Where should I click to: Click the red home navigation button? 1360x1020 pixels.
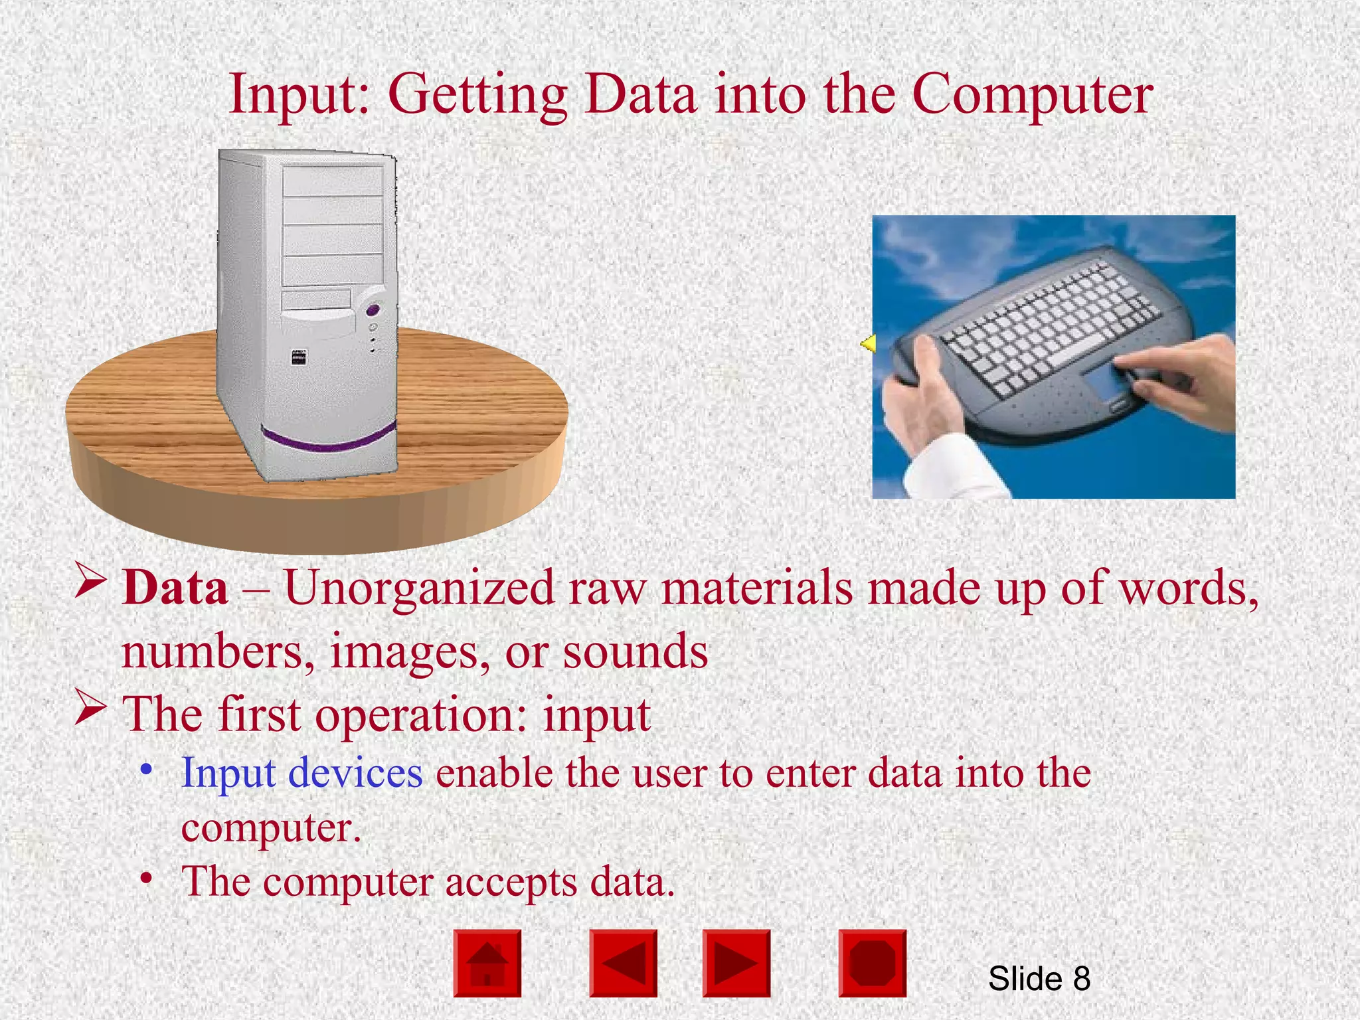point(487,963)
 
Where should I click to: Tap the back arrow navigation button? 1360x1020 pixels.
point(623,963)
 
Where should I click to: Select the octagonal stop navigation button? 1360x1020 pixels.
point(872,963)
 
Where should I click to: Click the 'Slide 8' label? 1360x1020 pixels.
point(1039,978)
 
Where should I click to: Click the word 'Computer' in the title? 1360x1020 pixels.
point(1032,95)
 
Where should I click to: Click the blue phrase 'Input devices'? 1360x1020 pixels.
point(302,773)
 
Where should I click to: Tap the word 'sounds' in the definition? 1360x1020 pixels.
point(636,651)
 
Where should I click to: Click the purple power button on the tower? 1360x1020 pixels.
point(373,309)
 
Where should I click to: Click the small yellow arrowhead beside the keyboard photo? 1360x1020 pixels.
point(868,343)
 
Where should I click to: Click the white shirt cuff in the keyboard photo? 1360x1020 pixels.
point(950,468)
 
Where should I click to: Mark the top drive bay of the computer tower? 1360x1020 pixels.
point(333,181)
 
